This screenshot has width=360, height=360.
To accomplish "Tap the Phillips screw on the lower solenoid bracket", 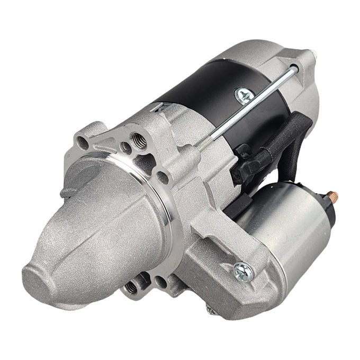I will (243, 271).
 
